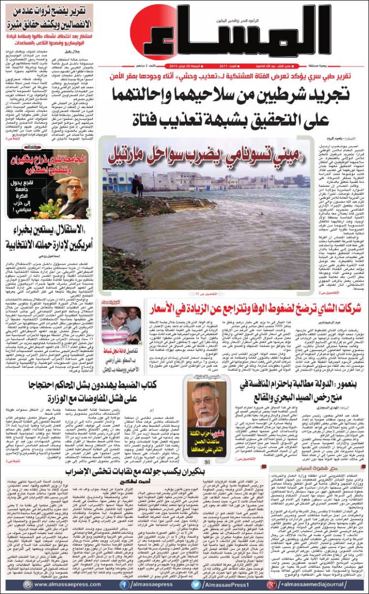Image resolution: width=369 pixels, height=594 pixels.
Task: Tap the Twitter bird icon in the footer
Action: click(196, 584)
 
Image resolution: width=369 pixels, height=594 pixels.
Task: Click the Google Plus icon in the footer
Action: click(271, 584)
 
